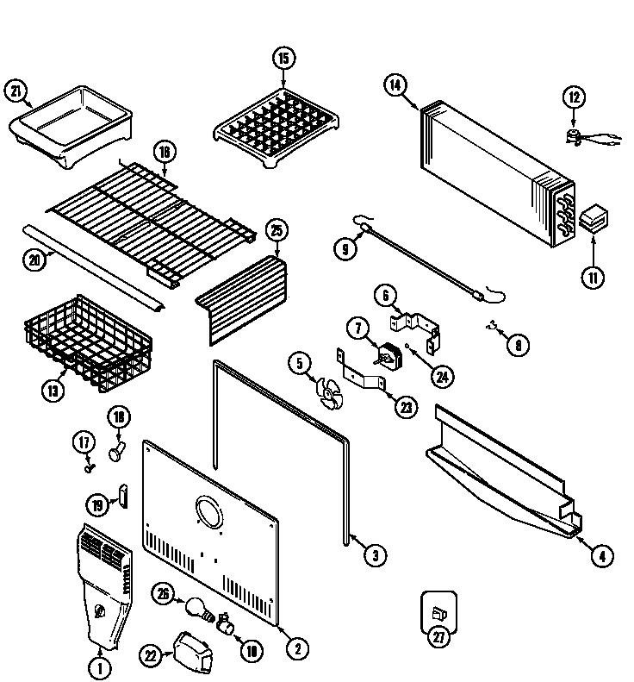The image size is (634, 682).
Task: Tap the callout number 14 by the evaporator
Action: click(395, 84)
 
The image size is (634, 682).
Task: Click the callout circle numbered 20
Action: click(34, 259)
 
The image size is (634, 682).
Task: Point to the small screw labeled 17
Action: click(89, 466)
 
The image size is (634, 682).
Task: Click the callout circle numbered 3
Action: click(373, 555)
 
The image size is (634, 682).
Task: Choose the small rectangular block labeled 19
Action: click(123, 496)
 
